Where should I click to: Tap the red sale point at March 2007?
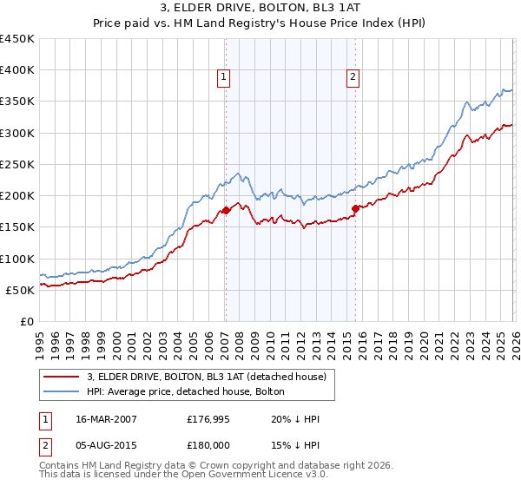click(x=226, y=210)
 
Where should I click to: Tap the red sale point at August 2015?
click(x=356, y=208)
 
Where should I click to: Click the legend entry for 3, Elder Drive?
click(x=206, y=377)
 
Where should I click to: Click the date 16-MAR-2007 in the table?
click(x=99, y=419)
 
